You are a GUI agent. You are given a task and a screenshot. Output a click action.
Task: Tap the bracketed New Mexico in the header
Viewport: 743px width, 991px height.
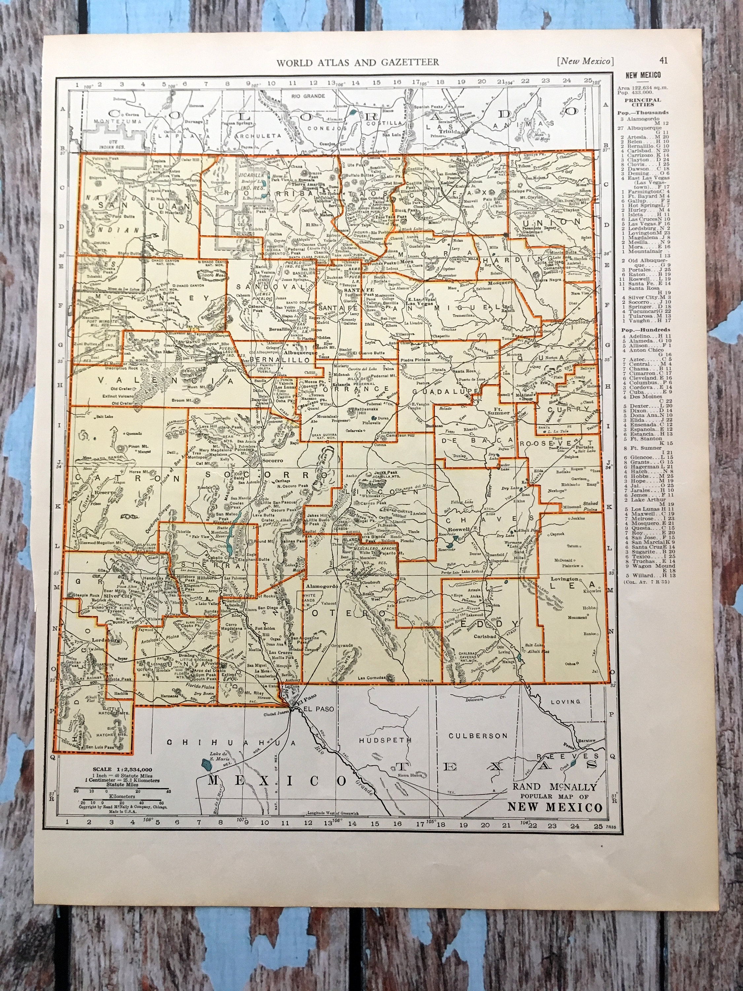pyautogui.click(x=585, y=61)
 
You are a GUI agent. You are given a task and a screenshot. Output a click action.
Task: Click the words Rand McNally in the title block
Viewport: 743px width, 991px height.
pyautogui.click(x=554, y=787)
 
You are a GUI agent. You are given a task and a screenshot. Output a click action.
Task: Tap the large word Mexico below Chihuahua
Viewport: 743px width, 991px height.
pyautogui.click(x=277, y=781)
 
